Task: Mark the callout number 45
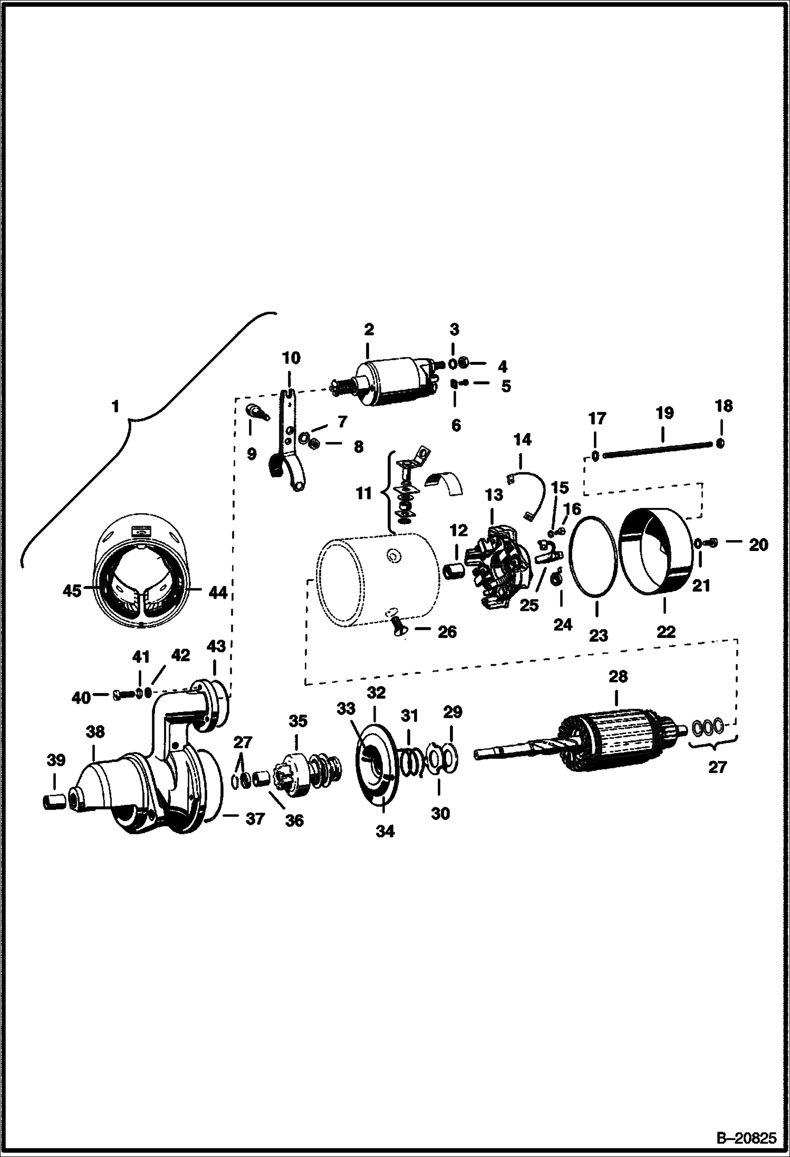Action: (72, 591)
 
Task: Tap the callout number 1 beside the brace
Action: (115, 407)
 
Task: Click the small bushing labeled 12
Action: (455, 571)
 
